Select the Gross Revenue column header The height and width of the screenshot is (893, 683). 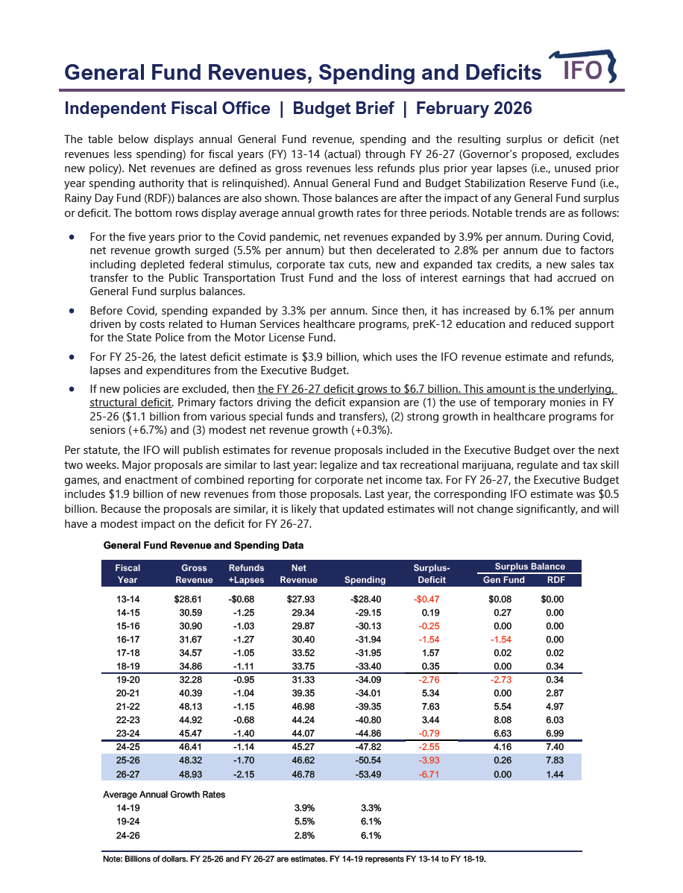tap(194, 574)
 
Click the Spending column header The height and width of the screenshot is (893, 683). tap(365, 580)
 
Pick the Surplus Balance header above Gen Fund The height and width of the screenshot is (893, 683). tap(529, 567)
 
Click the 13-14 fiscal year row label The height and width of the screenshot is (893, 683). tap(128, 599)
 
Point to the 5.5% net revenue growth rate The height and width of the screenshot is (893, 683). tap(304, 821)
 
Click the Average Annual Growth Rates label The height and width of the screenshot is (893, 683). tap(164, 795)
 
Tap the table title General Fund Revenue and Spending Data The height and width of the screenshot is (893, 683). tap(204, 546)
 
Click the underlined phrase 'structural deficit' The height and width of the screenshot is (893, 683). tap(131, 402)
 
